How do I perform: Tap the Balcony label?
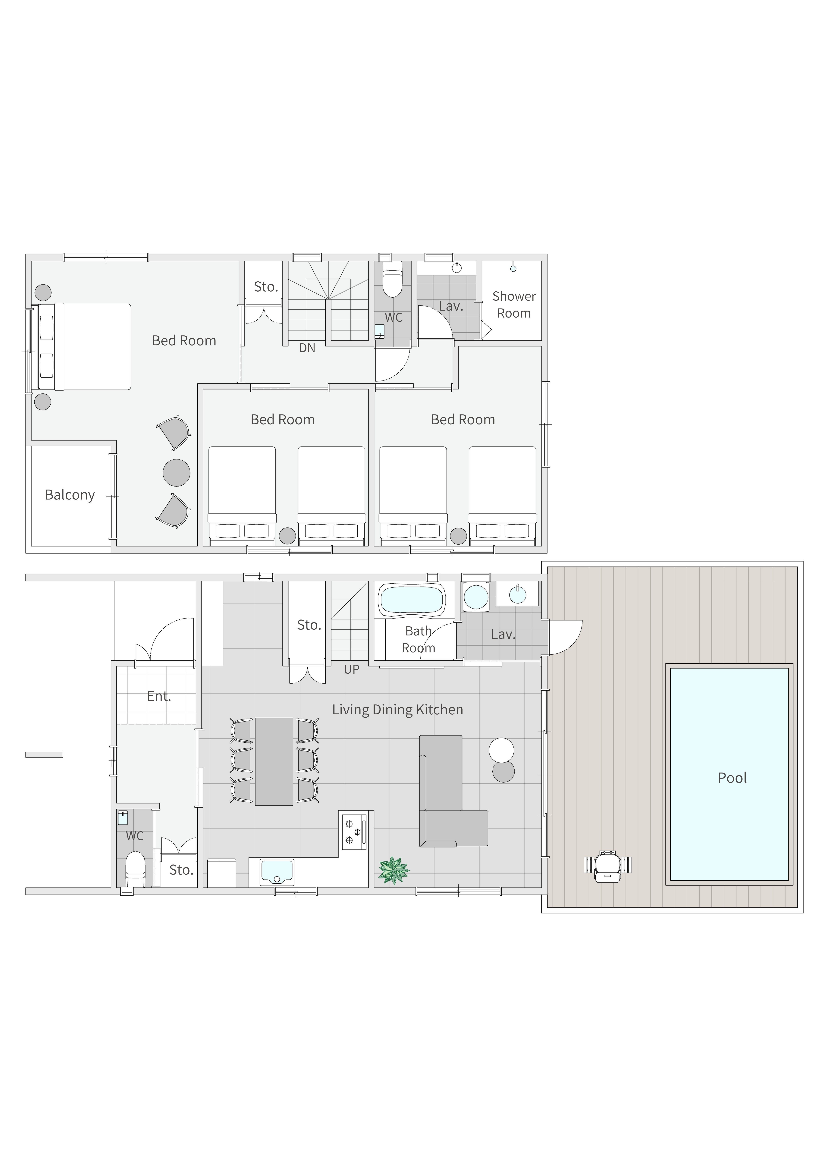click(x=70, y=495)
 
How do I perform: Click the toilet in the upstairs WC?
click(x=393, y=280)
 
